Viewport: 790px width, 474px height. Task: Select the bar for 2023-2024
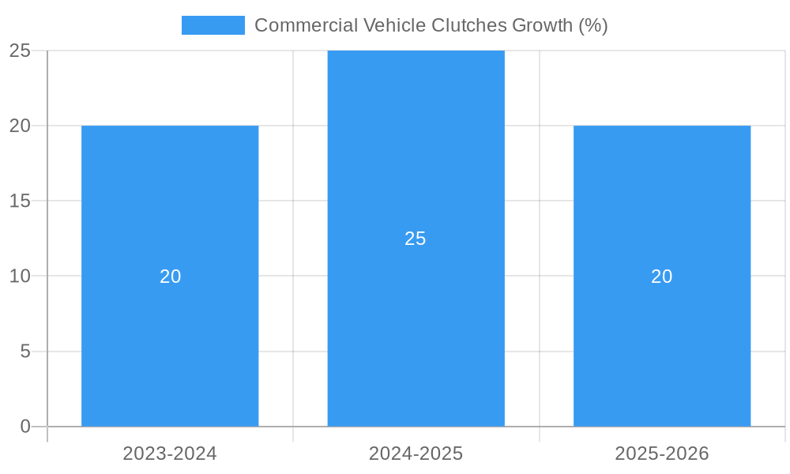[170, 332]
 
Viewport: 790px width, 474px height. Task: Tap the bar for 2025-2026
[662, 332]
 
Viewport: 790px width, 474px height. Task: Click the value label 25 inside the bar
[416, 239]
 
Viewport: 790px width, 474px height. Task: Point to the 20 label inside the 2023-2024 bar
[170, 276]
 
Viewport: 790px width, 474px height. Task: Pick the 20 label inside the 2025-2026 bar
[662, 276]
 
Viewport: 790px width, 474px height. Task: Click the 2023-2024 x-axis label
[170, 453]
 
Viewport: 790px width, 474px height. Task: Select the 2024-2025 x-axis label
[416, 453]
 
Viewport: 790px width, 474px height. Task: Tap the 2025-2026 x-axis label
[662, 453]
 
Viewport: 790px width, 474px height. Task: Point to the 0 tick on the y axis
[24, 427]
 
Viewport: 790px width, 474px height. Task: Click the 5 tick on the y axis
[24, 351]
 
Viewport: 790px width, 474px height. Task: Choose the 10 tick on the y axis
[20, 276]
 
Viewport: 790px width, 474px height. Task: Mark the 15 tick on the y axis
[20, 201]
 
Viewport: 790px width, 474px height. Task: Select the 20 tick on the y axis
[20, 126]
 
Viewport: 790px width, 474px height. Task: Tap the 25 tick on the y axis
[20, 51]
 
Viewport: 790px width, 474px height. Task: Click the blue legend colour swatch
[213, 25]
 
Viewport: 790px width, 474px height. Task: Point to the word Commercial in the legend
[305, 25]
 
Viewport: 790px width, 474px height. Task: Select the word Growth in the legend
[542, 25]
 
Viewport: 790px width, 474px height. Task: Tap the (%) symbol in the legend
[592, 25]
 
